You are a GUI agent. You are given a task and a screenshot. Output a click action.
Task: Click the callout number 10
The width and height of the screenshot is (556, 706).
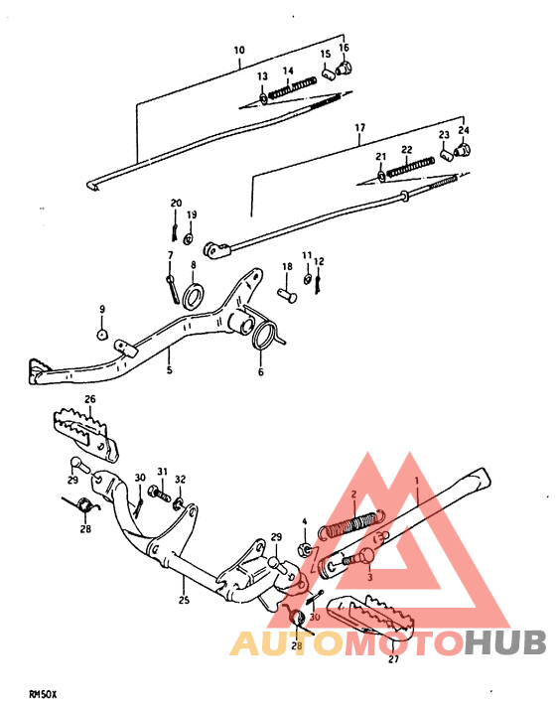238,49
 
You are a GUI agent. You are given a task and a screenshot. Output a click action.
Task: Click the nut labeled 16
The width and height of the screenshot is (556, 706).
346,70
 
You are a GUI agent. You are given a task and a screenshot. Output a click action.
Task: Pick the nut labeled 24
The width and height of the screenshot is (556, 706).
463,152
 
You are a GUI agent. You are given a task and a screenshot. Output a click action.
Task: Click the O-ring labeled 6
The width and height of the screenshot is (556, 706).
263,336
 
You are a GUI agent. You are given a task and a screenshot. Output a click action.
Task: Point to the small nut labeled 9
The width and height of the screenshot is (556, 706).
101,335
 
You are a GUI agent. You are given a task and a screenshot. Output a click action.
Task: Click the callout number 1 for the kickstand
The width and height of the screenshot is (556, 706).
418,481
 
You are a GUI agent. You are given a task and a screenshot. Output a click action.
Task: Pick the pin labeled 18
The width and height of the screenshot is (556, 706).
287,294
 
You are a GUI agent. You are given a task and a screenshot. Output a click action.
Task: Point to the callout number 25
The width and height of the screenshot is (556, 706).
183,600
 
